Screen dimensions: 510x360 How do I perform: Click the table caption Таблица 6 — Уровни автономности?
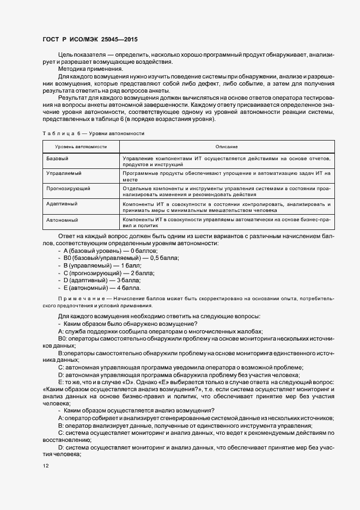tap(93, 133)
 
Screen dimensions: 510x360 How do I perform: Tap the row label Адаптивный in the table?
tap(62, 203)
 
